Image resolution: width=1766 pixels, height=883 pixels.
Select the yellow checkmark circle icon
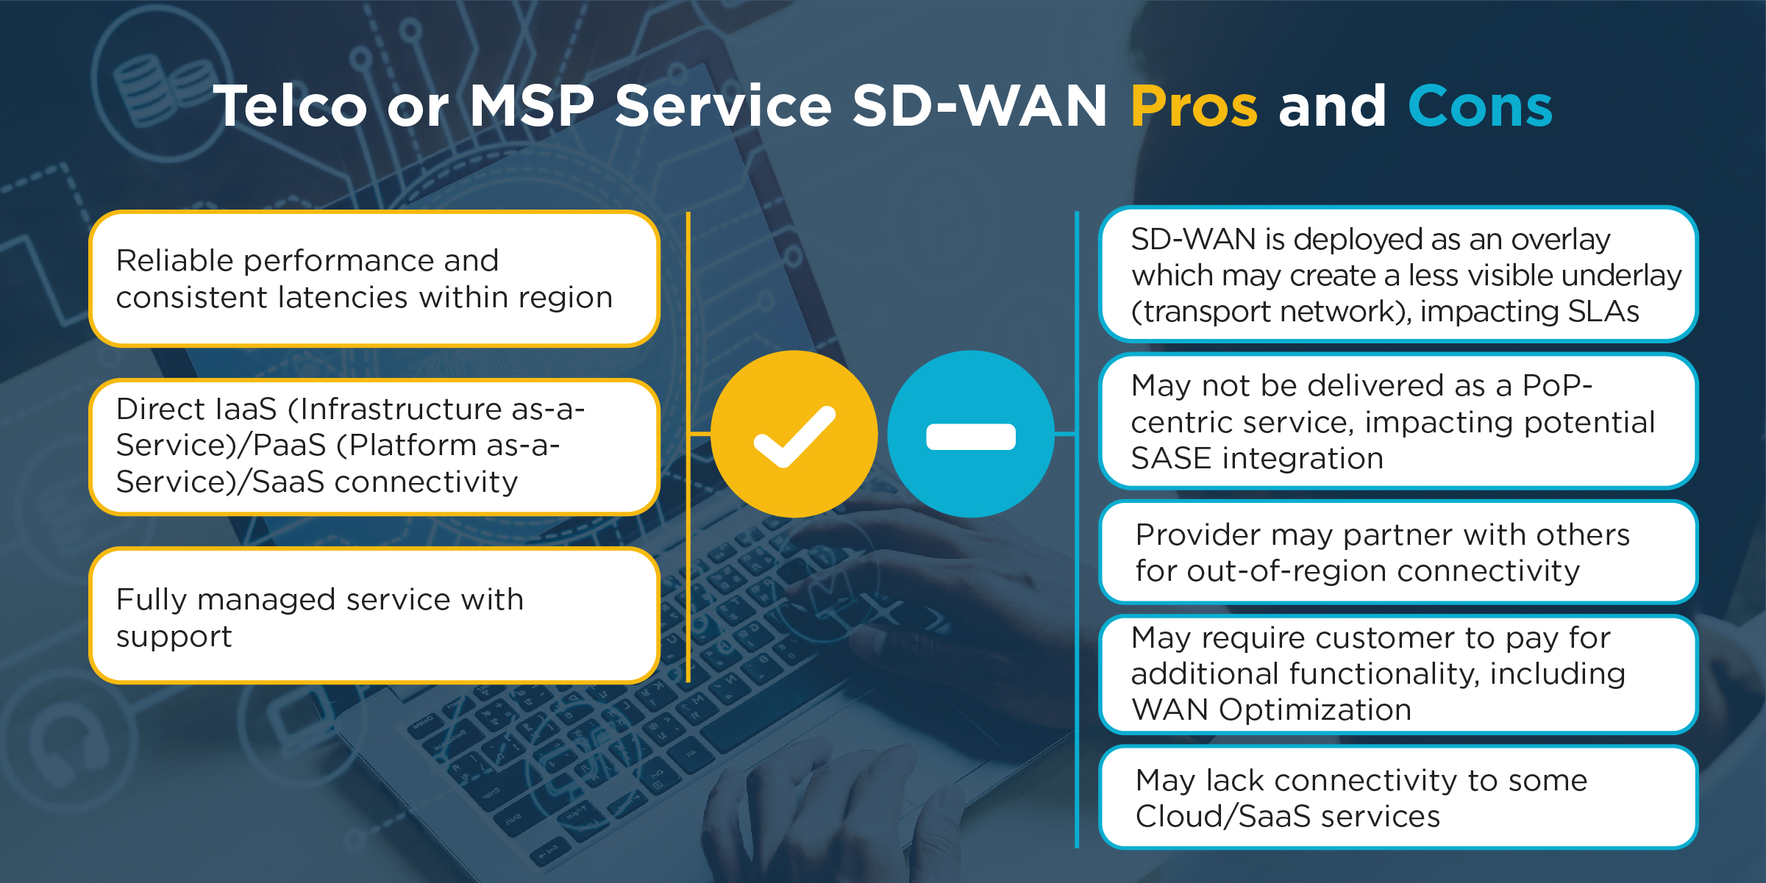(x=794, y=434)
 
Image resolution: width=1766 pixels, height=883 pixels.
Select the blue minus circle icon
(x=971, y=434)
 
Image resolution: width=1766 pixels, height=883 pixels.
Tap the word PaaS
(x=290, y=446)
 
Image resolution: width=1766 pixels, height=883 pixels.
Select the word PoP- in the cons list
(x=1557, y=385)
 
